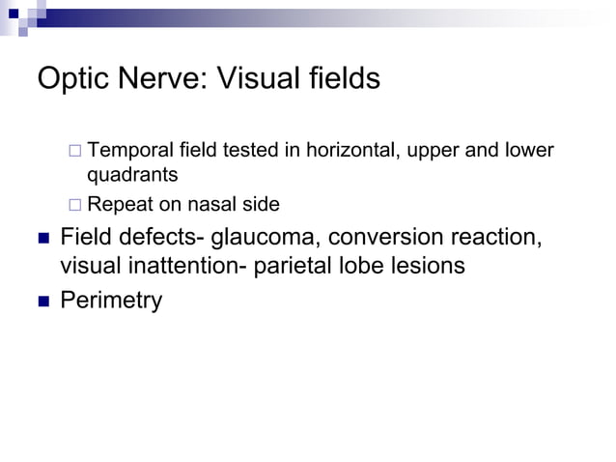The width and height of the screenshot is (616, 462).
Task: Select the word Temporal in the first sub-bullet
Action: [129, 151]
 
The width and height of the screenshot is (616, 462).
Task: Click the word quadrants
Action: [132, 176]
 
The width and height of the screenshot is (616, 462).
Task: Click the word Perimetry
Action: [111, 301]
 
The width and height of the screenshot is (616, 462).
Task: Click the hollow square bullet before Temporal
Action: [74, 151]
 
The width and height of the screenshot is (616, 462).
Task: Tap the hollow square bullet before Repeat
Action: [74, 204]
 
